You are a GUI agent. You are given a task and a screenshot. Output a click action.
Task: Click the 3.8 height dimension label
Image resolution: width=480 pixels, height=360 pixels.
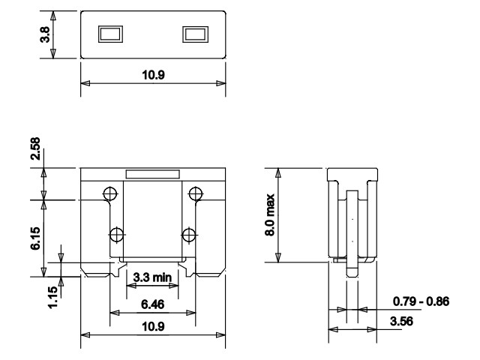click(x=45, y=34)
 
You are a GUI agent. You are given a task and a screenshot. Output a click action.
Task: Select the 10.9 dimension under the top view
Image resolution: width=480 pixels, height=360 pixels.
click(x=153, y=75)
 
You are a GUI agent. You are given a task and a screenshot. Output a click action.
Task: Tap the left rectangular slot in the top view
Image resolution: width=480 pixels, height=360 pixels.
click(x=110, y=34)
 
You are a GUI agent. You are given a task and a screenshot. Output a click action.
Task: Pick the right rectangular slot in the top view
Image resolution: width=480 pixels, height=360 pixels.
click(x=195, y=34)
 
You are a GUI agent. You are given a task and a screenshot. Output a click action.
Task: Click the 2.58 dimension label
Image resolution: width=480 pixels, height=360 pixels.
click(x=35, y=148)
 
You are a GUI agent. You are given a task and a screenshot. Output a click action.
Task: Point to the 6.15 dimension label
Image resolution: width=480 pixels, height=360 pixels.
click(x=35, y=238)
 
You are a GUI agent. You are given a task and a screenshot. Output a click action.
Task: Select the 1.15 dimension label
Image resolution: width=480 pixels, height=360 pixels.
click(x=53, y=297)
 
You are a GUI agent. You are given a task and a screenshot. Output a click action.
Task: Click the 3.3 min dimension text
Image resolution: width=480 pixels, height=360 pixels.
click(x=152, y=277)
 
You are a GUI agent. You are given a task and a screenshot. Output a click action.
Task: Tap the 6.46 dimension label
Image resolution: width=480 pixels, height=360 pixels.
click(x=153, y=304)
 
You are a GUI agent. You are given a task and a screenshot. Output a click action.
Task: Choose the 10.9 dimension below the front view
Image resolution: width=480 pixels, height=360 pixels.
click(x=153, y=326)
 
